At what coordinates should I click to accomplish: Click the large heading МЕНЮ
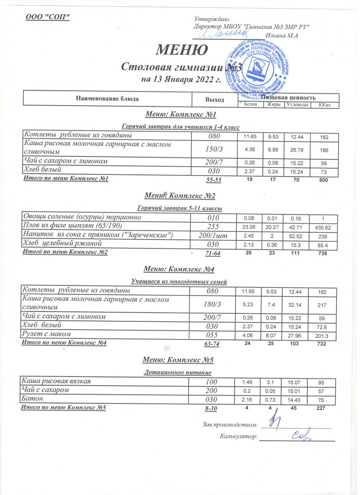click(181, 50)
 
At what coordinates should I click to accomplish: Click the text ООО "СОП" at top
click(48, 16)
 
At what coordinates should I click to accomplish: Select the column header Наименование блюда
click(107, 99)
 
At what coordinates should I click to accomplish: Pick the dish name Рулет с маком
click(47, 334)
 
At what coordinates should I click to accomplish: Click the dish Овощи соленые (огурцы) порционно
click(82, 217)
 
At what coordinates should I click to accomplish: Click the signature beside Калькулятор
click(301, 435)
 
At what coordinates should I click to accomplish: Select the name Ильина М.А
click(282, 36)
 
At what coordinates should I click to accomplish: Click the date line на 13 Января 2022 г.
click(181, 79)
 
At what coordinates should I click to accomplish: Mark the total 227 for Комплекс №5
click(322, 408)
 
